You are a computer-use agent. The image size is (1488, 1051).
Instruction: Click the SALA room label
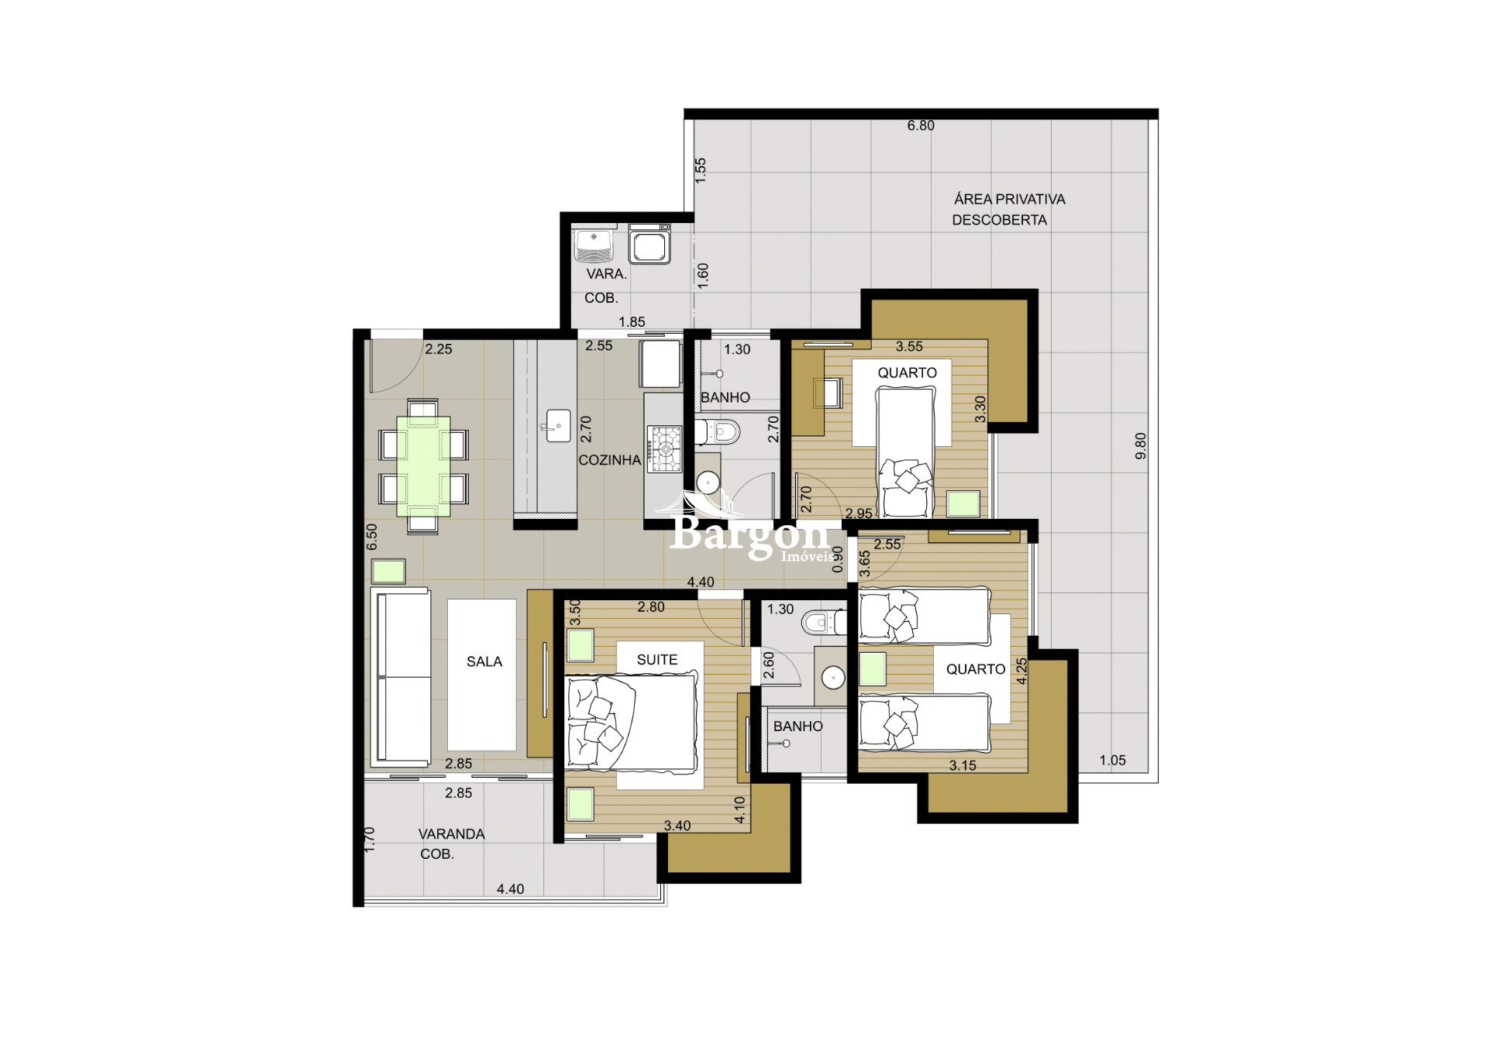[484, 661]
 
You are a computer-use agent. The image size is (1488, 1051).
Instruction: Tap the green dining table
[423, 466]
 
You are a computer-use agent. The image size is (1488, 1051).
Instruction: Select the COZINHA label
[609, 460]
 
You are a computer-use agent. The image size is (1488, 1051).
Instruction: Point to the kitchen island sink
[558, 426]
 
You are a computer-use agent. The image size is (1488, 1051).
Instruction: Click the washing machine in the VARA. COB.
[649, 245]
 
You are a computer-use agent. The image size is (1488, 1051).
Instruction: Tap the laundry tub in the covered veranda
[594, 245]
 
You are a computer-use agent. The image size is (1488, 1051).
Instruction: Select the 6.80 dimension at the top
[921, 125]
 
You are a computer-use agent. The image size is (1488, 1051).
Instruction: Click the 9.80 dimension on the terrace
[1141, 445]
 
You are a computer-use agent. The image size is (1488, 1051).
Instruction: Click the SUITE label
[657, 660]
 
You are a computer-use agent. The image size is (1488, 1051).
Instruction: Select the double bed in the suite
[632, 723]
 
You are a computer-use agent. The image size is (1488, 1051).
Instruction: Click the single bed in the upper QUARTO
[905, 453]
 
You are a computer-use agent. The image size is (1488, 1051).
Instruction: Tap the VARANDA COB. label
[449, 843]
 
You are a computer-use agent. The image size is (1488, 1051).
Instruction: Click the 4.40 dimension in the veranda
[510, 889]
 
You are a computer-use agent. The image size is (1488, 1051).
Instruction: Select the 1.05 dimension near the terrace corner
[1112, 761]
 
